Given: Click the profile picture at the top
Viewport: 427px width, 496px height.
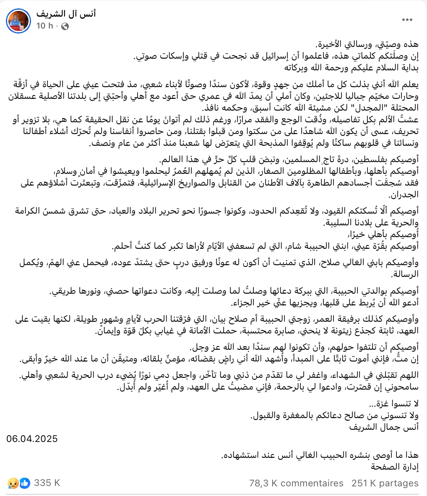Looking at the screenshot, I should pos(19,20).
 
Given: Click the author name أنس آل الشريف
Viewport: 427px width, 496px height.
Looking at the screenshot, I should pos(66,14).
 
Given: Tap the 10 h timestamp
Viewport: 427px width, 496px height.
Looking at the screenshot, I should pos(45,26).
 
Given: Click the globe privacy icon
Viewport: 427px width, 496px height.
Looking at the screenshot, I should pos(65,26).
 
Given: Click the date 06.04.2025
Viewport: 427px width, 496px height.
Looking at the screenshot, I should pos(32,439).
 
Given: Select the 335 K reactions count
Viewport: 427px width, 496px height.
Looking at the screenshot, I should pos(47,483).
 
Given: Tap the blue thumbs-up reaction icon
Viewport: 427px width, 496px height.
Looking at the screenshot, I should pos(25,483).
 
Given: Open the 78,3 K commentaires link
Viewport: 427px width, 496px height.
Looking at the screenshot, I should pos(296,483).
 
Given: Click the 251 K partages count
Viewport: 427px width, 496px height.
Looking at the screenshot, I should pos(385,483).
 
